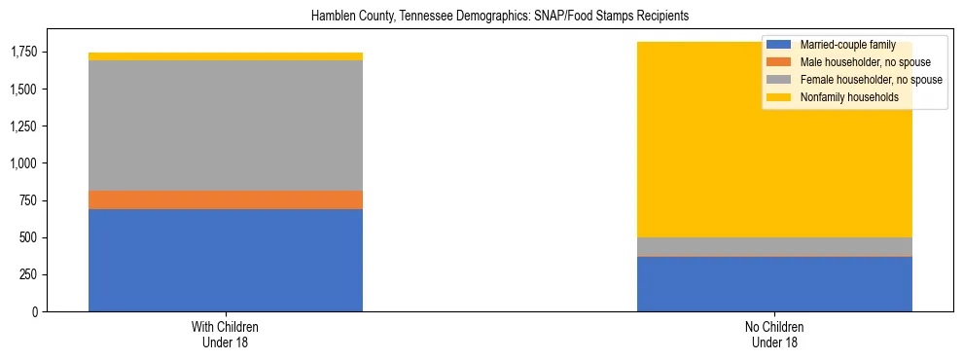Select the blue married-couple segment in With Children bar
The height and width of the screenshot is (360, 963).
226,260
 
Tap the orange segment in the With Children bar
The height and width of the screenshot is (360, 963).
226,199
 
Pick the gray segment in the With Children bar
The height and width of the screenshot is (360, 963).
226,126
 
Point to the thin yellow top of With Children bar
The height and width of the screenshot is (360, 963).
226,56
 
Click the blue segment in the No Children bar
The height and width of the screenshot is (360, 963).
774,284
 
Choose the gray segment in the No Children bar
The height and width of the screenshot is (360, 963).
774,246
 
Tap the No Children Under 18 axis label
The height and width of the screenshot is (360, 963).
774,335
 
